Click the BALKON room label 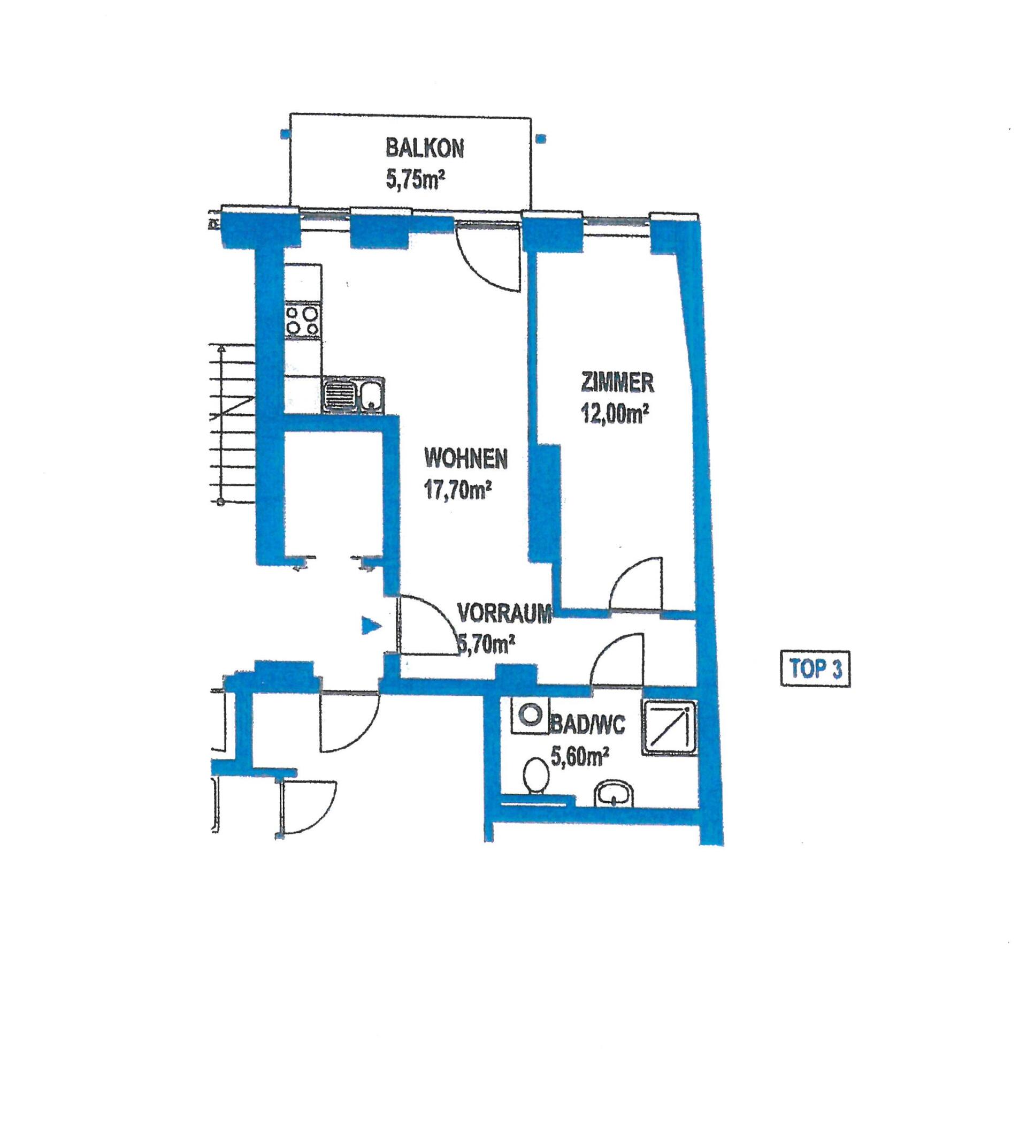425,149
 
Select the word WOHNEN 466,459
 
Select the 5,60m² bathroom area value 579,757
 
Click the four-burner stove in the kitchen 302,320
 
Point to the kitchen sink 354,395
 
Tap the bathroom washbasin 614,794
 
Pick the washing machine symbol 530,715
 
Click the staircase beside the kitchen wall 232,424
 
